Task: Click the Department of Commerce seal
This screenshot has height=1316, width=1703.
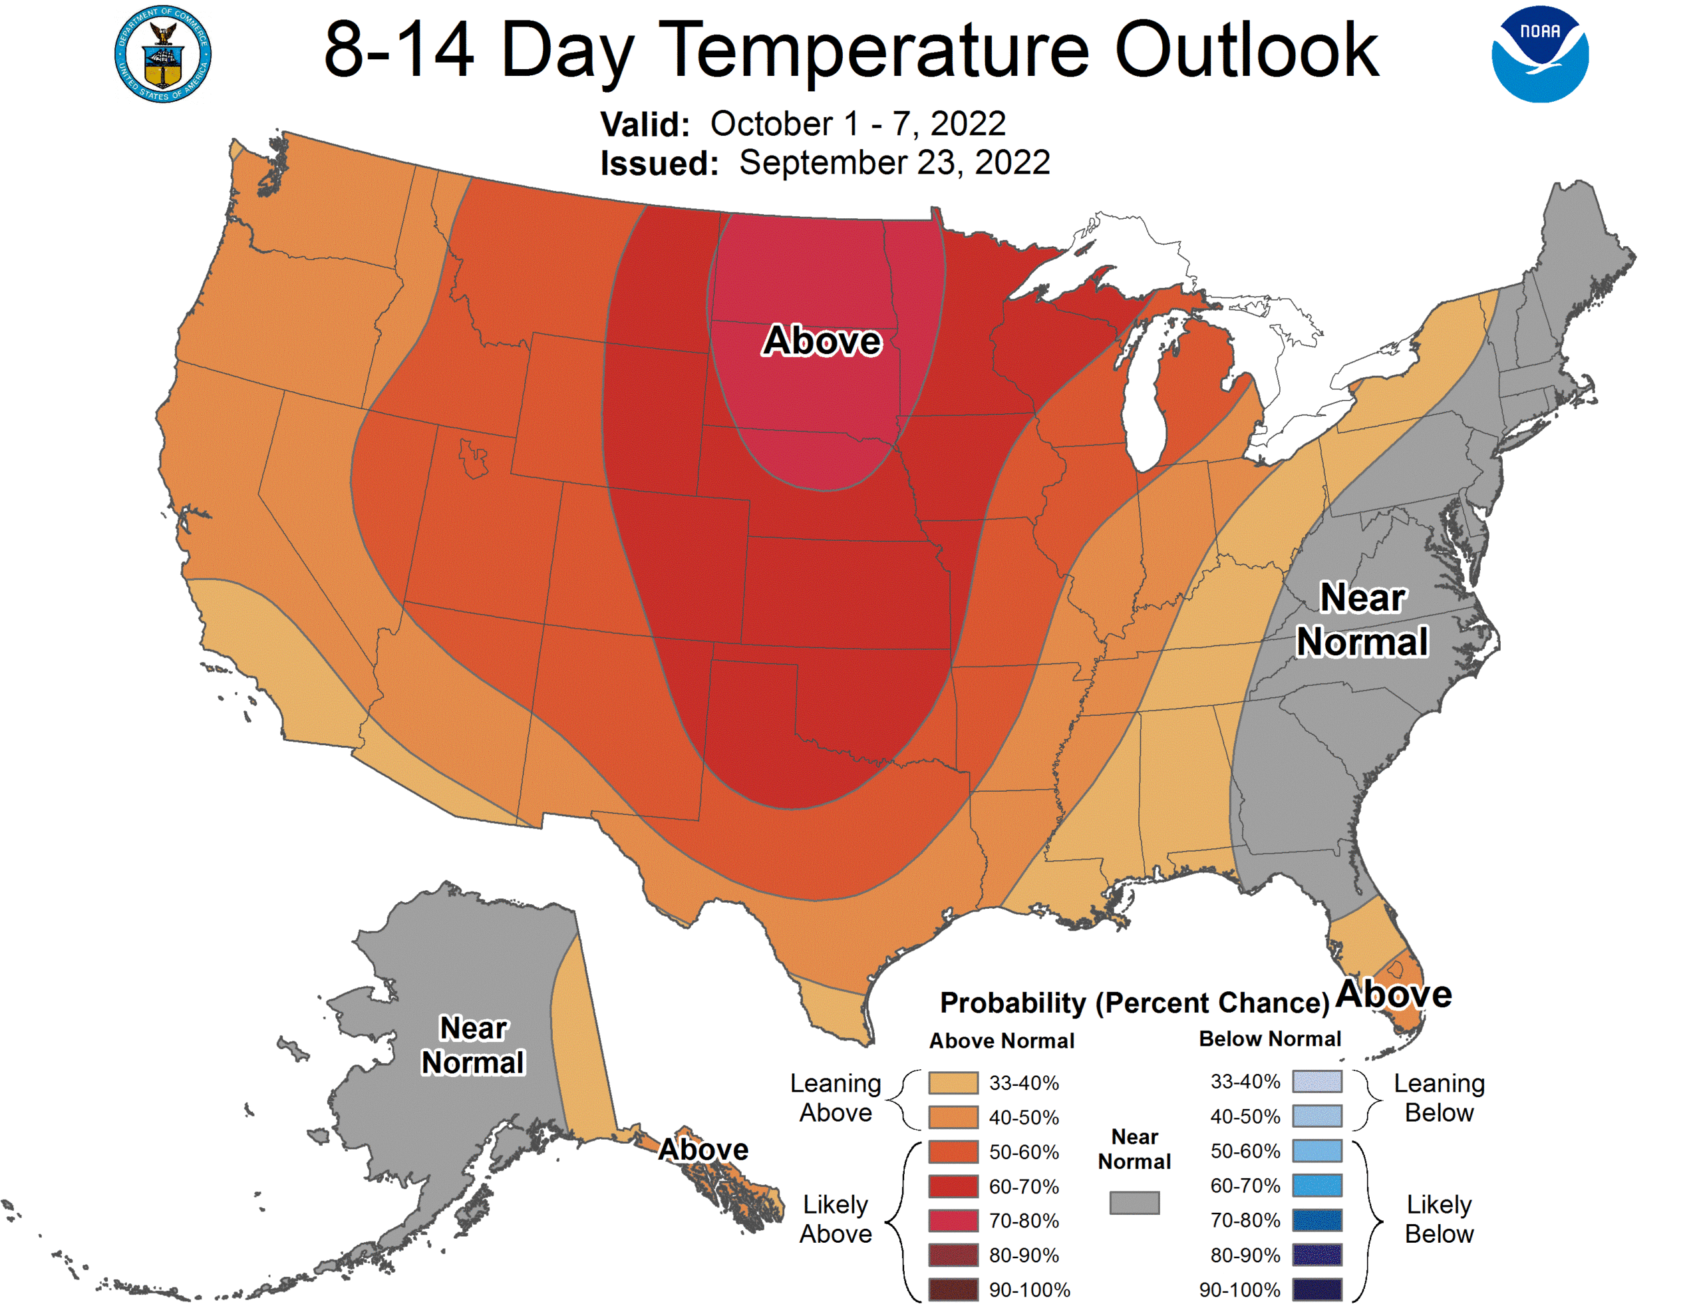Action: tap(162, 54)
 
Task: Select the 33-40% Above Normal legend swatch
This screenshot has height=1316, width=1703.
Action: tap(953, 1082)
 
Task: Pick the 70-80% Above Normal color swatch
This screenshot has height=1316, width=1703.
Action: tap(953, 1221)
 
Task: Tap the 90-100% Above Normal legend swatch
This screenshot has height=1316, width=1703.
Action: tap(953, 1289)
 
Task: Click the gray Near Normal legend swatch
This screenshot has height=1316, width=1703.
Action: tap(1134, 1202)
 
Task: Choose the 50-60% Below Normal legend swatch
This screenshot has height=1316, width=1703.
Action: tap(1317, 1150)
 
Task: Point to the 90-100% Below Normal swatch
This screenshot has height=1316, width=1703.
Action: tap(1317, 1289)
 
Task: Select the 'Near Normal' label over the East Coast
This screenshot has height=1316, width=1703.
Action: tap(1362, 619)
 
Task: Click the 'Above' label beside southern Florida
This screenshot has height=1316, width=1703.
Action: tap(1394, 994)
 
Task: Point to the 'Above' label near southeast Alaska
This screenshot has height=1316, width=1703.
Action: tap(703, 1149)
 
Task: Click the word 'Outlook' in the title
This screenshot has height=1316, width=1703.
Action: tap(1246, 51)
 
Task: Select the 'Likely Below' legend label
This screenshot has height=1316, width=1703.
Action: tap(1439, 1220)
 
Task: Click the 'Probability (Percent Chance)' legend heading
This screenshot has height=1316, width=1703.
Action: tap(1134, 1003)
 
